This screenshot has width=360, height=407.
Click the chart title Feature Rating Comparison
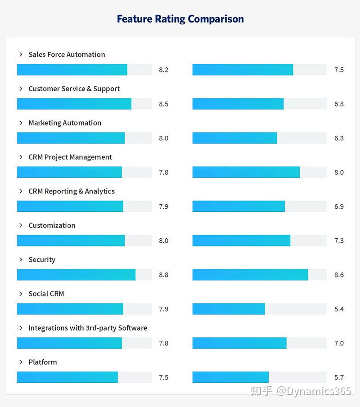coord(180,19)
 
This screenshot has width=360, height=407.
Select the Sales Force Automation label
coord(67,54)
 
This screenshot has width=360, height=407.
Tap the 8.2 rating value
coord(163,70)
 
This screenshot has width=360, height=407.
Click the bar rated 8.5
coord(74,104)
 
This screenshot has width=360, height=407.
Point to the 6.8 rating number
coord(339,104)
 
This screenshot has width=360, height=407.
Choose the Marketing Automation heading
coord(65,123)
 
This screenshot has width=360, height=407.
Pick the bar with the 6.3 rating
coord(234,138)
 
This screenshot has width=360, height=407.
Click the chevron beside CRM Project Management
coord(21,157)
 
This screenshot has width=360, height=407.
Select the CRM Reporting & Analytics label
coord(72,191)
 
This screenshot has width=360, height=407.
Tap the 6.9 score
coord(339,206)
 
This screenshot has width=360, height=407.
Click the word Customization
coord(52,225)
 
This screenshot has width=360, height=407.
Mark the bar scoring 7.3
coord(241,241)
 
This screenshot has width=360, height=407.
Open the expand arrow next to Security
coord(21,259)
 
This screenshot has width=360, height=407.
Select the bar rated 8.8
coord(76,275)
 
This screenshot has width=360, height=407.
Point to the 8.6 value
coord(339,275)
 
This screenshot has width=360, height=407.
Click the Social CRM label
coord(46,294)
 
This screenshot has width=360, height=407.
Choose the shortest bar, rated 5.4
coord(229,309)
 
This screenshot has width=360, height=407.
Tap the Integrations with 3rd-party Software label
coord(88,328)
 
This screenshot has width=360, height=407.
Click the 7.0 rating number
coord(339,343)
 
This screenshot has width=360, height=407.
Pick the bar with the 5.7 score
coord(230,377)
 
